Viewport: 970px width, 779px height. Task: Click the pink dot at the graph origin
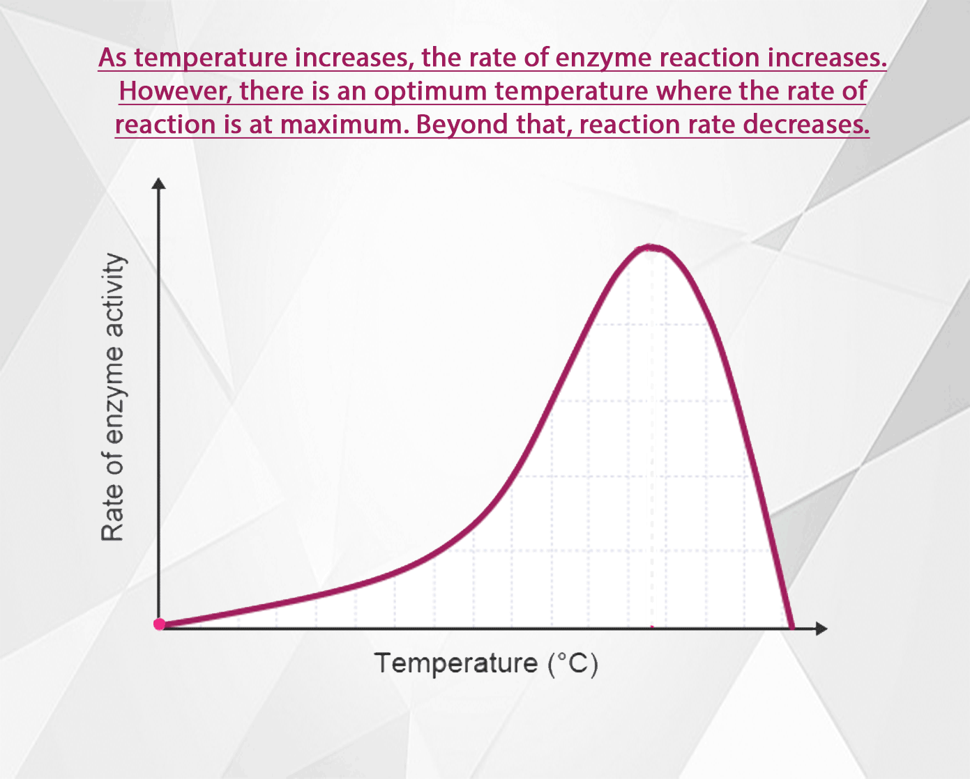pyautogui.click(x=160, y=624)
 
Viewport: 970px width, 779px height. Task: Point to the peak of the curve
pyautogui.click(x=651, y=247)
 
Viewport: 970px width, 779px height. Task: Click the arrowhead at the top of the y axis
pyautogui.click(x=159, y=183)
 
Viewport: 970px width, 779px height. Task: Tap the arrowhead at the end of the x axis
pyautogui.click(x=821, y=628)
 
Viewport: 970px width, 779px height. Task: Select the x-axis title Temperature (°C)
pyautogui.click(x=486, y=663)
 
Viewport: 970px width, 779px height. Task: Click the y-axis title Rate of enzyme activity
pyautogui.click(x=113, y=397)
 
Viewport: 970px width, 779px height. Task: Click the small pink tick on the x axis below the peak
pyautogui.click(x=652, y=628)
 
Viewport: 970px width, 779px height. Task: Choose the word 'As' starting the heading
pyautogui.click(x=113, y=57)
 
